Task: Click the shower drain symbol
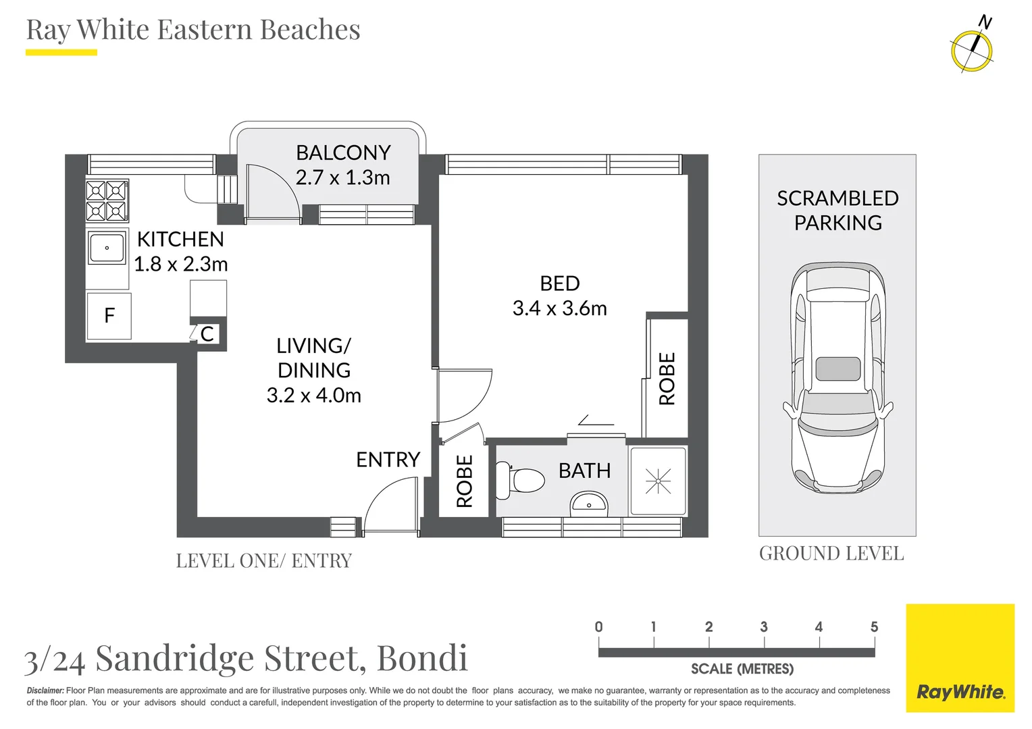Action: click(x=658, y=481)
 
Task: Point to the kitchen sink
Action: click(x=107, y=248)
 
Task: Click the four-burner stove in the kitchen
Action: click(x=107, y=200)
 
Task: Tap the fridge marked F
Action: click(x=109, y=316)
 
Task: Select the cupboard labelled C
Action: click(x=207, y=334)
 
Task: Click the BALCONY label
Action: click(x=343, y=153)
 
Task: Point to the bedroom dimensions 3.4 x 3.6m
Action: click(x=559, y=308)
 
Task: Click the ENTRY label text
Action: click(x=388, y=460)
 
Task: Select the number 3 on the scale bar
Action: click(x=764, y=627)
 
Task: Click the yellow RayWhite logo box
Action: click(x=960, y=658)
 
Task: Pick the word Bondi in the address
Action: click(x=422, y=658)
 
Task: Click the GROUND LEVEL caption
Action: click(x=831, y=553)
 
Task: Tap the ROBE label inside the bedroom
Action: click(x=667, y=379)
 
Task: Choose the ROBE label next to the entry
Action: click(x=464, y=481)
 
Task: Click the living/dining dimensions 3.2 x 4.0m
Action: click(x=314, y=395)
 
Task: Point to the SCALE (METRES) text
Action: click(x=742, y=669)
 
